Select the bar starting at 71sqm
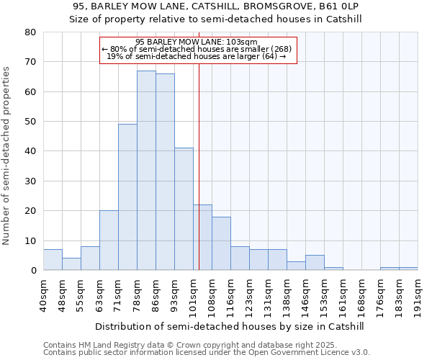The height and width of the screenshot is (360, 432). click(127, 197)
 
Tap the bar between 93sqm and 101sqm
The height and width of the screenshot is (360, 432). click(184, 209)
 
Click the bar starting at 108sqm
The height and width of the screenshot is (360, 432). click(221, 243)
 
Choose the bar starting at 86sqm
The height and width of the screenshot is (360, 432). click(165, 172)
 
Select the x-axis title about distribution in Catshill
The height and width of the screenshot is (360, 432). click(229, 326)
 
